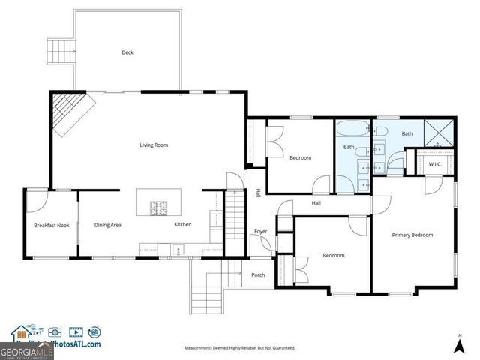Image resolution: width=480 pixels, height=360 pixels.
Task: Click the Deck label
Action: pos(127,52)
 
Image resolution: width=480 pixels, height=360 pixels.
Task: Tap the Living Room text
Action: pos(153,145)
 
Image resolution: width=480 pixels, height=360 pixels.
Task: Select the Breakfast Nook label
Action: pos(51,225)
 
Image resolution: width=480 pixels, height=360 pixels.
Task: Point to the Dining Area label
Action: pos(108,225)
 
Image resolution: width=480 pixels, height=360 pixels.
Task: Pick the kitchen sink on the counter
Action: pos(178,249)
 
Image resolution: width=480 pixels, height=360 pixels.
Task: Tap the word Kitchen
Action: pos(184,225)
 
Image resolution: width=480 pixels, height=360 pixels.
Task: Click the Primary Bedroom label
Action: pos(412,235)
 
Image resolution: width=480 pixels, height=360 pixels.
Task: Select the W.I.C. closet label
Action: pos(434,164)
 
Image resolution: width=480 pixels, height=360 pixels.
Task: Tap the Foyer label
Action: pos(260,231)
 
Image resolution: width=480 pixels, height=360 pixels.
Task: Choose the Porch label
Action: pos(258,274)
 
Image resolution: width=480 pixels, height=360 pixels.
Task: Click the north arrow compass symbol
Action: pos(459,344)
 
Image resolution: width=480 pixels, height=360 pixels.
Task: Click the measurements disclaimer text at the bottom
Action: pos(240,348)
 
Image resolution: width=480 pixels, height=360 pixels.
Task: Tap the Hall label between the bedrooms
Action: pos(316,202)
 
